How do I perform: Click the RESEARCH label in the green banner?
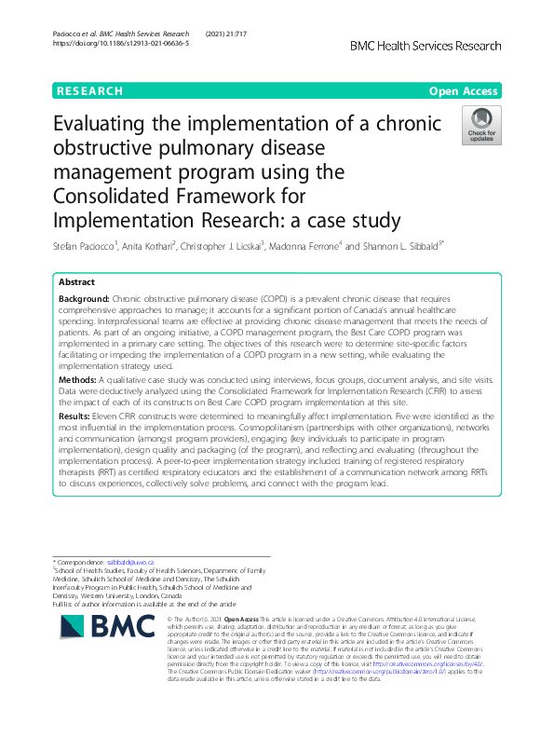click(x=89, y=91)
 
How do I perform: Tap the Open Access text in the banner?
click(x=463, y=91)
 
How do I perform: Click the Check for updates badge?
click(x=481, y=126)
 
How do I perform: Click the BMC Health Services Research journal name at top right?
click(x=426, y=46)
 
